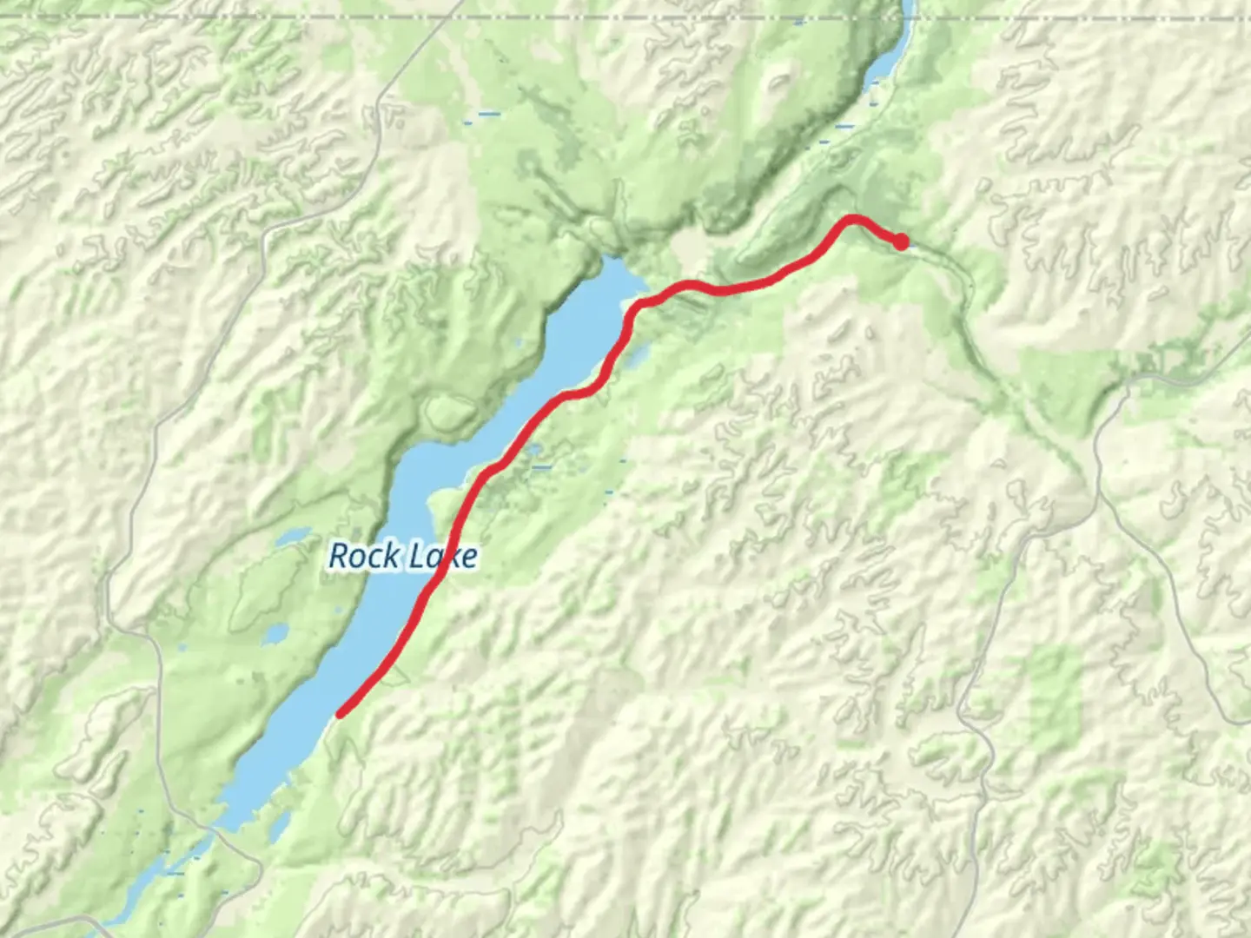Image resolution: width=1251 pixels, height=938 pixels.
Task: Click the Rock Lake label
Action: (403, 556)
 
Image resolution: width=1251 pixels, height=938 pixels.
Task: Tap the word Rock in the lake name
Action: (364, 556)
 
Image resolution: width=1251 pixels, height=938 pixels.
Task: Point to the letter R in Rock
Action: (340, 556)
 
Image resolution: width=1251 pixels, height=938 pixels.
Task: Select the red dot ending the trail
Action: (902, 241)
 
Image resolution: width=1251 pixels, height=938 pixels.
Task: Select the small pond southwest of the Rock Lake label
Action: (275, 633)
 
